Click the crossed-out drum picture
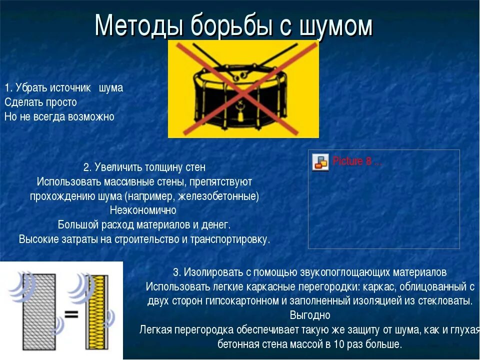pos(243,89)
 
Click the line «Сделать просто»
pos(40,102)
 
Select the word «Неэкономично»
pos(143,210)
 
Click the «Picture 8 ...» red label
pos(357,161)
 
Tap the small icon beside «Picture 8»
pos(320,162)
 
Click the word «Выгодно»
pos(310,315)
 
